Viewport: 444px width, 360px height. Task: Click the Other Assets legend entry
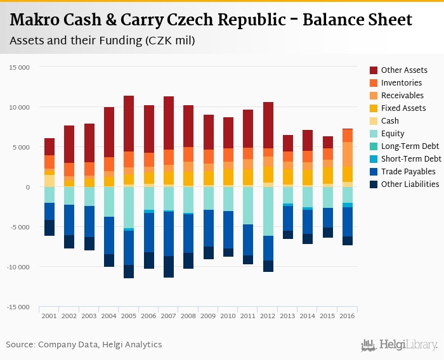(x=404, y=70)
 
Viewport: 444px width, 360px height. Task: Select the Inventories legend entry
(x=402, y=83)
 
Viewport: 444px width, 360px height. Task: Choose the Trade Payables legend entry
(x=408, y=172)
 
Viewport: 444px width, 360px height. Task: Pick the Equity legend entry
(x=393, y=134)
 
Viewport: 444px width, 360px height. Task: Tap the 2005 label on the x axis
(x=128, y=315)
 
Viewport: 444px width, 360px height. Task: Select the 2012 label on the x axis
(x=268, y=315)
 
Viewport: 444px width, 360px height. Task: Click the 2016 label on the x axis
(x=348, y=315)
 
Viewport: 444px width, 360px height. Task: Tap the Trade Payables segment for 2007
(x=168, y=234)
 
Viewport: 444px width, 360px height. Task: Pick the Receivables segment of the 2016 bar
(x=348, y=154)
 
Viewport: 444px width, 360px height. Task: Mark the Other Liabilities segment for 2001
(x=49, y=228)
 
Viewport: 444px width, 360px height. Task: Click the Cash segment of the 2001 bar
(x=49, y=181)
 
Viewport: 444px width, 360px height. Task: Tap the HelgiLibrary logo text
(x=408, y=345)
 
